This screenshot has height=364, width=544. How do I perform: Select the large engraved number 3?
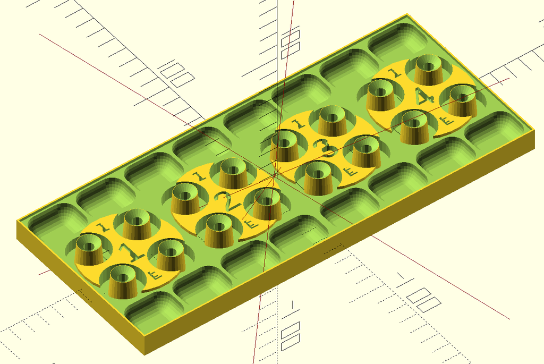(x=325, y=148)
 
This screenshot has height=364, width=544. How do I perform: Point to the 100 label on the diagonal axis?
(x=177, y=74)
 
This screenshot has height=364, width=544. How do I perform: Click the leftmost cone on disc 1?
(x=89, y=250)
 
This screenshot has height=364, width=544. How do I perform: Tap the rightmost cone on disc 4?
(x=462, y=100)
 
